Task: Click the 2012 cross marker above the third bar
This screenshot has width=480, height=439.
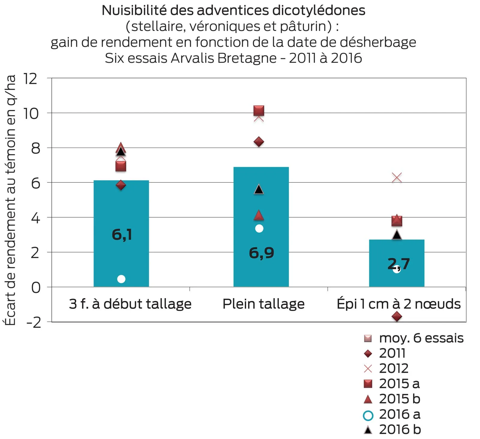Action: tap(397, 178)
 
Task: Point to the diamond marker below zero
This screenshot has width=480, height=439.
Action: tap(397, 316)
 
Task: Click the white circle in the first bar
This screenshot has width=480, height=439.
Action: tap(121, 279)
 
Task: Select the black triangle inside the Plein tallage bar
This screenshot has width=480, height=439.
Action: tap(259, 189)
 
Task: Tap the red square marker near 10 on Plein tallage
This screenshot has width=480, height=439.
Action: tap(259, 110)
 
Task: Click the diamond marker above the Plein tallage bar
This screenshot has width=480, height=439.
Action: tap(259, 142)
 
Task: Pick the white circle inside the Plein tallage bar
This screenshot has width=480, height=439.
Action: tap(259, 228)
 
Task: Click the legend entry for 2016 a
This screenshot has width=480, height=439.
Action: tap(391, 415)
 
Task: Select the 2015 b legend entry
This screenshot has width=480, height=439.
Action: tap(391, 399)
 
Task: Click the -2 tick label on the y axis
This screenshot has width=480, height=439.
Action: tap(34, 322)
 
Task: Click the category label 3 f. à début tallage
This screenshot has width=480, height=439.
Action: tap(130, 303)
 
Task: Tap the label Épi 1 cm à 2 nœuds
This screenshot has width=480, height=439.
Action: tap(398, 303)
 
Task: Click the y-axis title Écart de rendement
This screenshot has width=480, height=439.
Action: tap(10, 200)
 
